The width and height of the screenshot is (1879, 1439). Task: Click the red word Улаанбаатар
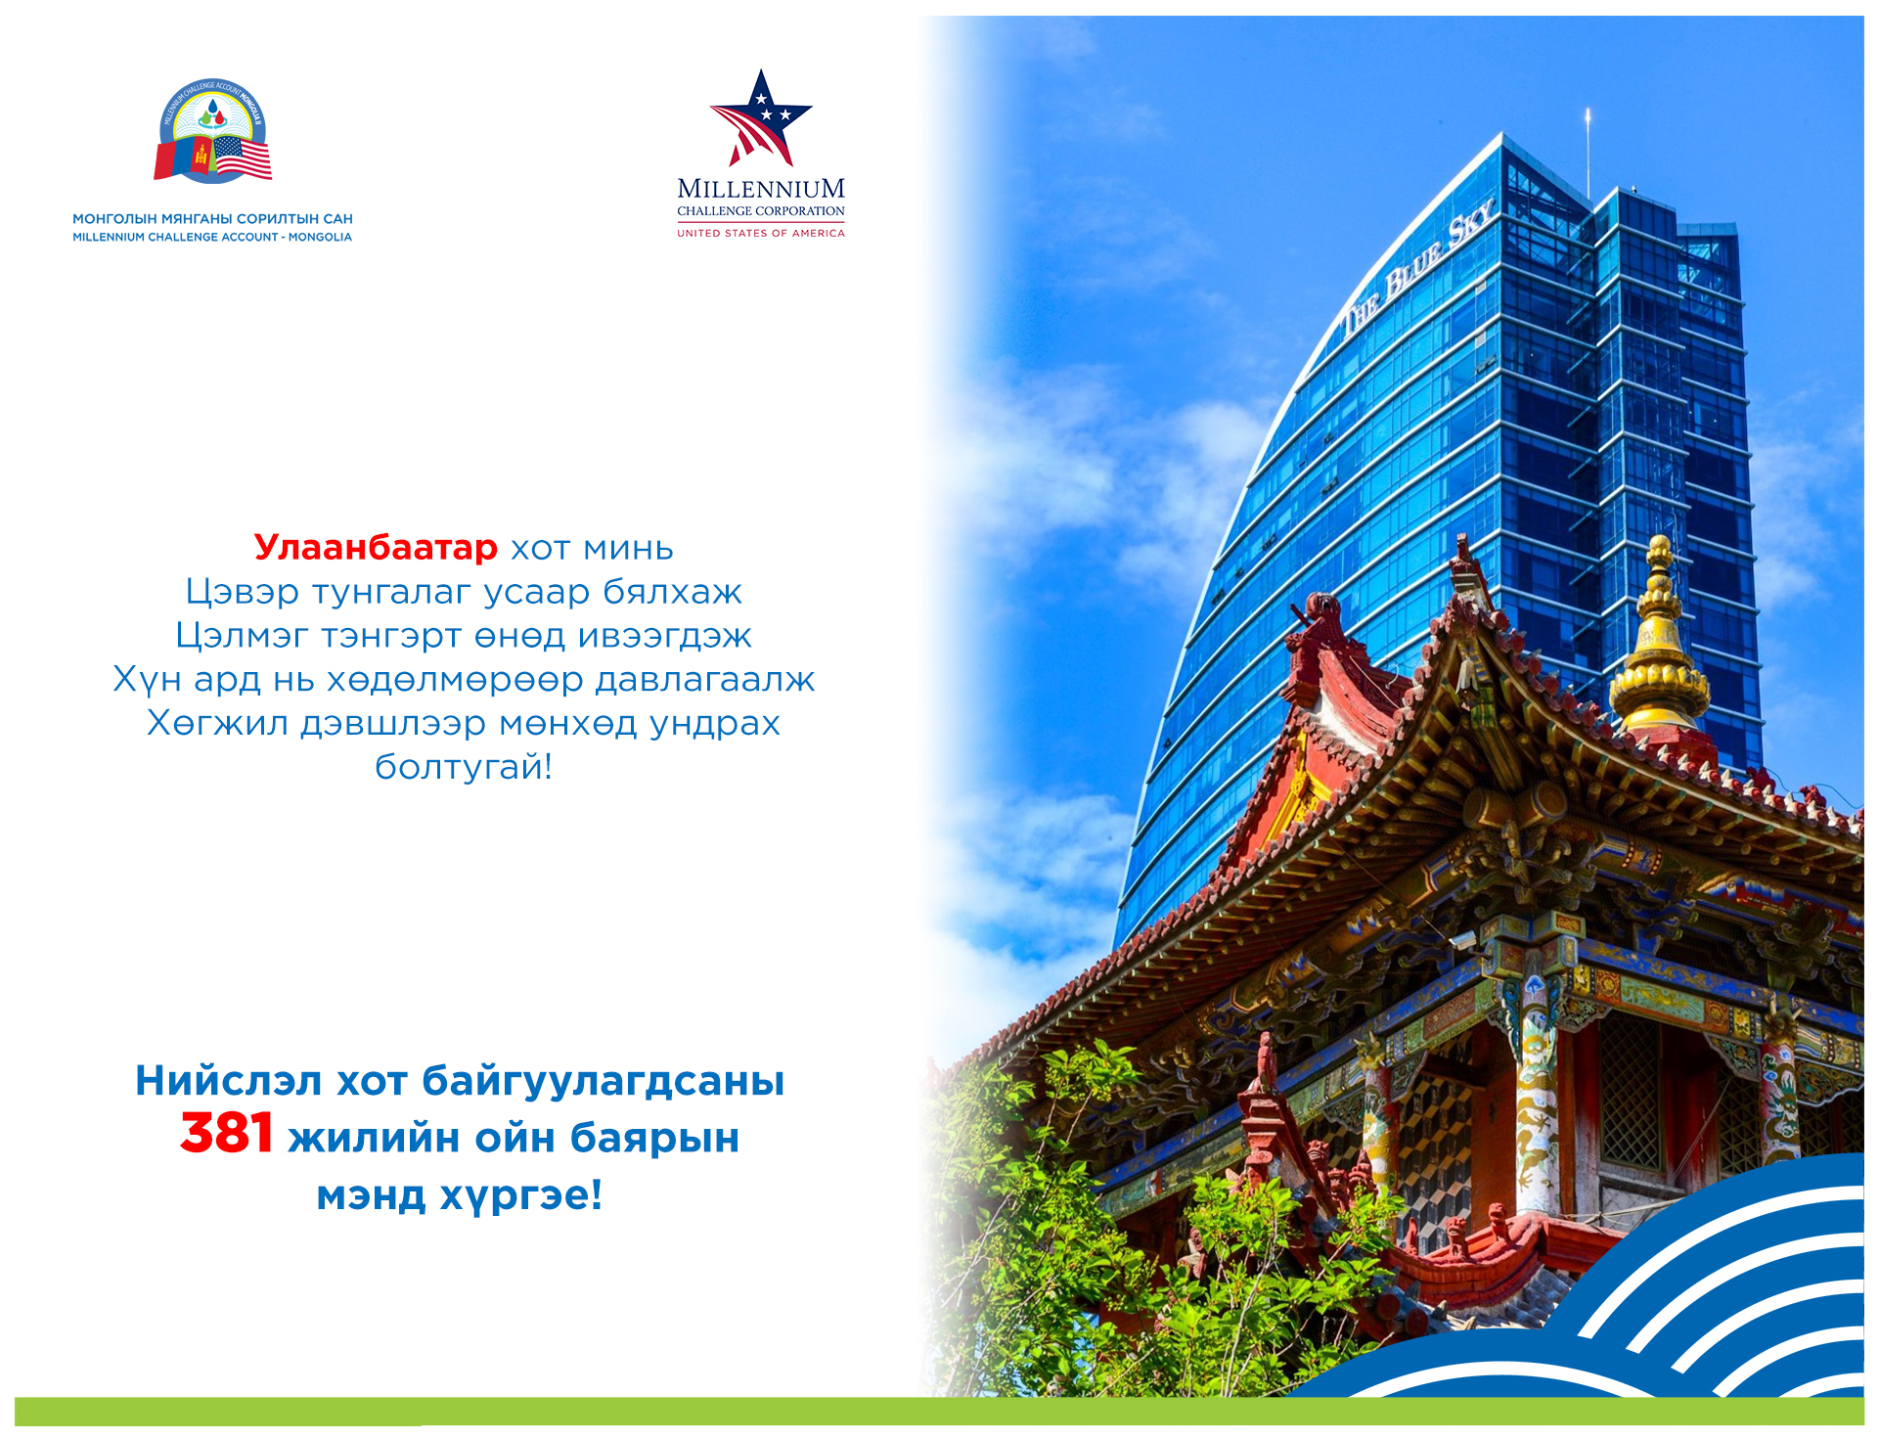[x=376, y=549]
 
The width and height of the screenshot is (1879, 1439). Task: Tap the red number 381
[x=227, y=1134]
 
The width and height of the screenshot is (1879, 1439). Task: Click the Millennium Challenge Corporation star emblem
[x=761, y=118]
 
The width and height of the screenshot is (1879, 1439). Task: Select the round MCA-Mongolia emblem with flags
[x=213, y=131]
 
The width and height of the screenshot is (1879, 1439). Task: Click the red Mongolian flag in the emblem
[x=183, y=159]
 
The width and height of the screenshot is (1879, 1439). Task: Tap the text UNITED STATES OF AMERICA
[x=761, y=233]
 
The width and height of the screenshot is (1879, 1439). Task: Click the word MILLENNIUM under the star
[x=761, y=189]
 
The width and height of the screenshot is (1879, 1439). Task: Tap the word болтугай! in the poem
[x=464, y=766]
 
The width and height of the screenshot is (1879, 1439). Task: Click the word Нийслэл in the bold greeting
[x=229, y=1081]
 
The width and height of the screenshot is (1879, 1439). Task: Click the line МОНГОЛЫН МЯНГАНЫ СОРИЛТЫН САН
[x=212, y=219]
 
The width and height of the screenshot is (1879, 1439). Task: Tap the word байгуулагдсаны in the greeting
[x=604, y=1082]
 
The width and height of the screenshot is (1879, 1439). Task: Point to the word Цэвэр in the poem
[x=243, y=593]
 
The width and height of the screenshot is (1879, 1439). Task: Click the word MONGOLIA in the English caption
[x=320, y=238]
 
